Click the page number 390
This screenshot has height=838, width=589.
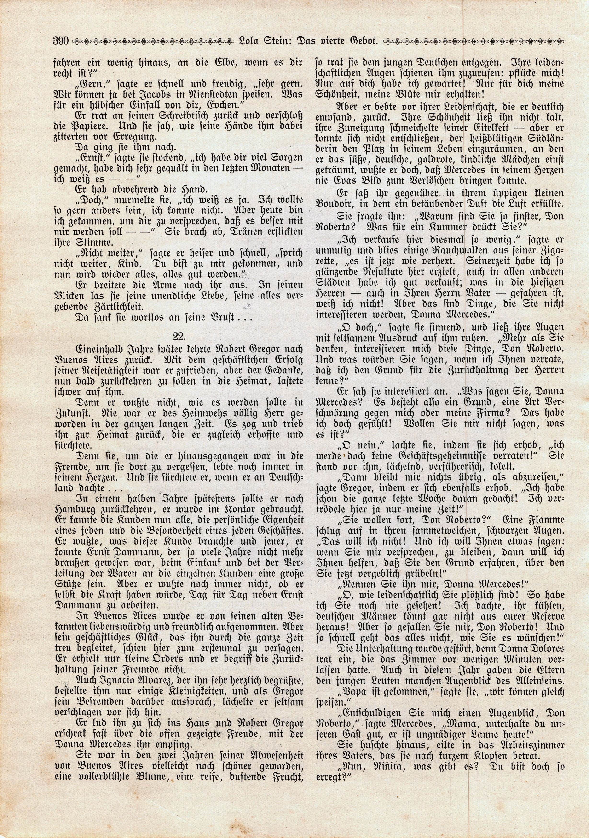[x=61, y=40]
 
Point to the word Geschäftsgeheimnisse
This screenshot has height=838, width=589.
[x=429, y=456]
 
